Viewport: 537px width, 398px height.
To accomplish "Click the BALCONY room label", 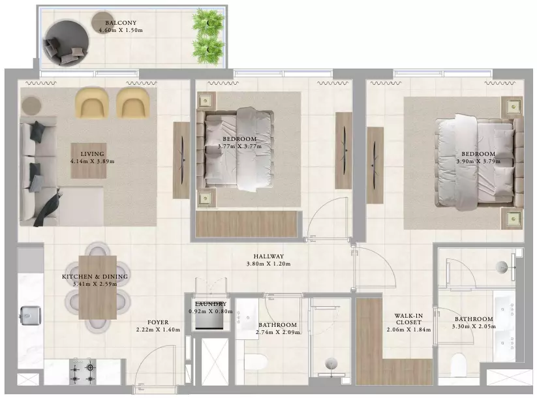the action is click(121, 23).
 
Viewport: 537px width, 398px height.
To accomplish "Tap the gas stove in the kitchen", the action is click(82, 371).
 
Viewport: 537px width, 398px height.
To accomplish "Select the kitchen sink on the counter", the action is click(31, 315).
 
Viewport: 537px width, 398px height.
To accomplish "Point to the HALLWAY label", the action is click(269, 256).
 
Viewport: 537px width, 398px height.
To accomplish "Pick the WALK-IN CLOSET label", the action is click(408, 319).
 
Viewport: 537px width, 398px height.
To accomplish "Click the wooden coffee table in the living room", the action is click(88, 161).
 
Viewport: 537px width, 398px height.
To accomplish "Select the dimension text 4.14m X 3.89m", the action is click(93, 161).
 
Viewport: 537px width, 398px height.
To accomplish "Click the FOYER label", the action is click(158, 322).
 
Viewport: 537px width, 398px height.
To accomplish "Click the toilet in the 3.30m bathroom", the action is click(458, 364).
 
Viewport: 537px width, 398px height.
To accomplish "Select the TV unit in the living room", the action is click(181, 161).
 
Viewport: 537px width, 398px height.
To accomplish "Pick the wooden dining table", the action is click(98, 287).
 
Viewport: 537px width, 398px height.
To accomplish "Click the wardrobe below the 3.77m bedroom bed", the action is click(246, 224).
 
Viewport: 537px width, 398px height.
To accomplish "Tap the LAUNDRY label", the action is click(211, 304).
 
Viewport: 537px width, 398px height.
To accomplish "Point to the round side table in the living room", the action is click(31, 106).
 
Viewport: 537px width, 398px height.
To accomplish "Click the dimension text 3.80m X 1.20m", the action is click(269, 264).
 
